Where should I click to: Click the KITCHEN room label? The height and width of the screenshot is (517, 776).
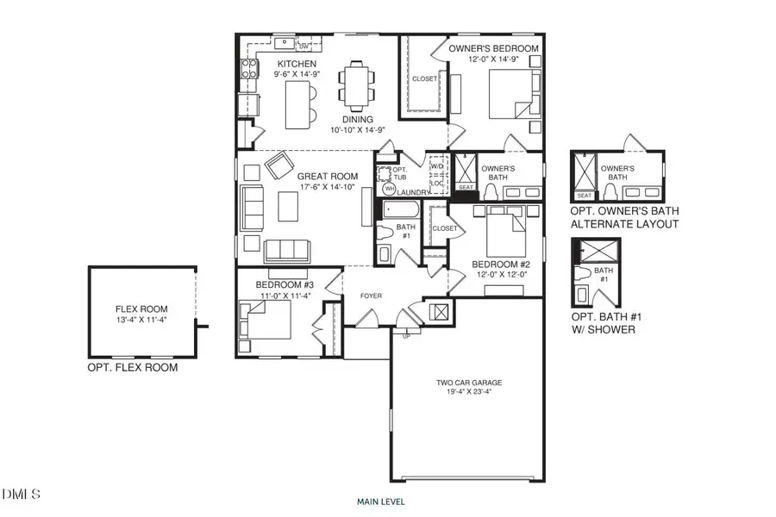(x=297, y=65)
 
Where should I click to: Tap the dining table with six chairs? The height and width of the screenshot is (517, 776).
(x=356, y=84)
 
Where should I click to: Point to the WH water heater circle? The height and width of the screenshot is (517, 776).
(x=388, y=189)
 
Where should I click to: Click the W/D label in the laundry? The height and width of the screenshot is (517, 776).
(x=437, y=166)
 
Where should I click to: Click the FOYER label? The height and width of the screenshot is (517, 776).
(x=371, y=296)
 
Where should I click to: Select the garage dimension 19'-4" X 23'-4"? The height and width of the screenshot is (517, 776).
(x=469, y=392)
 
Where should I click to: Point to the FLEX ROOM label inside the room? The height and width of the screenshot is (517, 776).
(x=141, y=308)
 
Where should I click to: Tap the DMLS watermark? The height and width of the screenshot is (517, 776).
(x=21, y=495)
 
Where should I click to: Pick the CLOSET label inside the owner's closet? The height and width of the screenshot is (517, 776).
(x=424, y=78)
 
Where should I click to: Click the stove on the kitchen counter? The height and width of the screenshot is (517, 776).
(x=248, y=70)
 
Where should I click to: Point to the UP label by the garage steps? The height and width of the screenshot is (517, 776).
(x=407, y=335)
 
